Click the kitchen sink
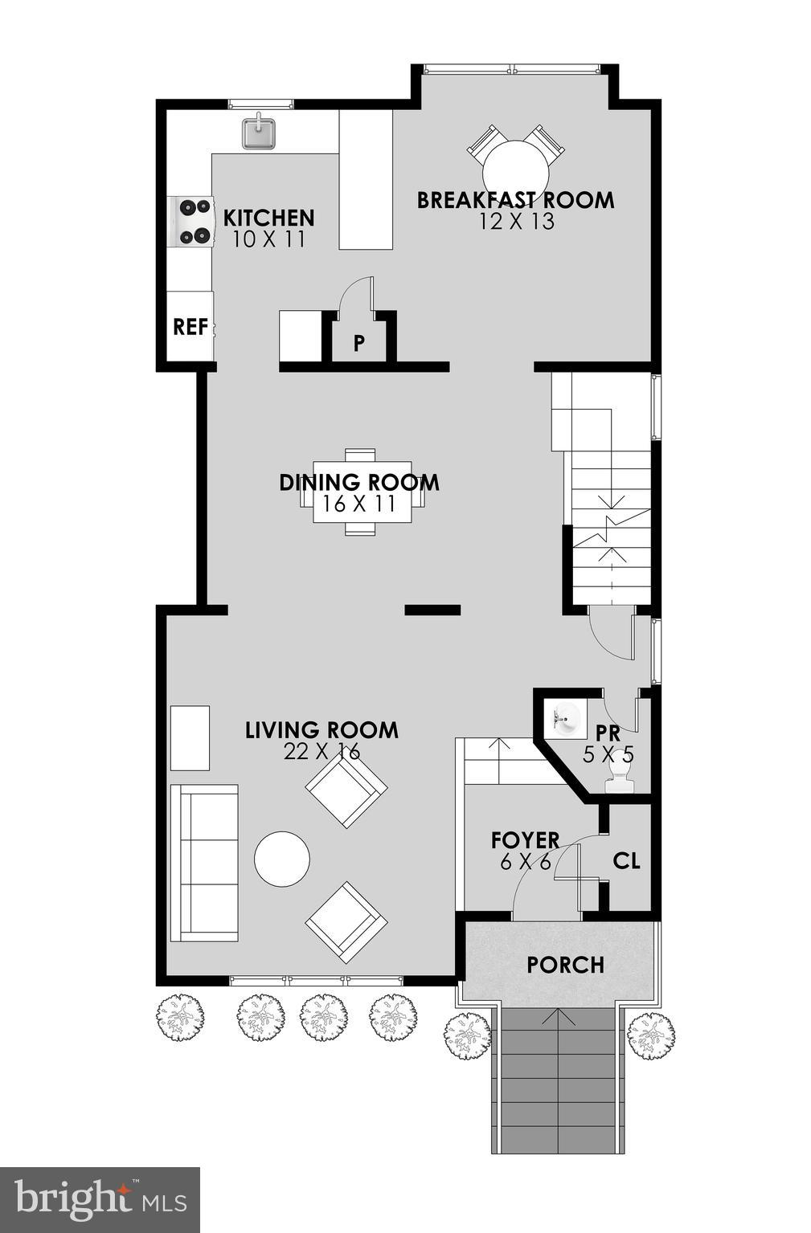tap(259, 133)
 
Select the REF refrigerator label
tap(190, 327)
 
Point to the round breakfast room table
tap(515, 167)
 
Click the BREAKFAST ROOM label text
tap(515, 200)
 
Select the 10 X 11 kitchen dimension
tap(268, 239)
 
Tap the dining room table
tap(362, 492)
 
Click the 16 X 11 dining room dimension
tap(359, 504)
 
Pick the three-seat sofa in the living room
tap(205, 862)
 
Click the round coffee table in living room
tap(282, 859)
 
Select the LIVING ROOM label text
tap(322, 730)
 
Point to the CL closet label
tap(626, 861)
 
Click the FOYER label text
tap(525, 840)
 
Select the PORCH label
tap(565, 964)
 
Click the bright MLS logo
tap(100, 1199)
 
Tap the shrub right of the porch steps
tap(651, 1035)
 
